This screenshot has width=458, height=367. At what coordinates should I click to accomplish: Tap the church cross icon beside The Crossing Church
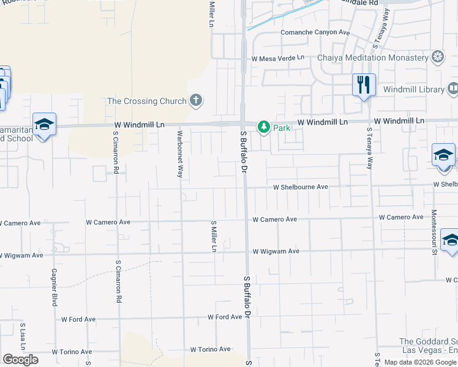tap(196, 100)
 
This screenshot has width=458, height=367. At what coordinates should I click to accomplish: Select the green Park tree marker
tap(264, 127)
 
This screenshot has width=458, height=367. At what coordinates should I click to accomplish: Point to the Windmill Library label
tap(414, 89)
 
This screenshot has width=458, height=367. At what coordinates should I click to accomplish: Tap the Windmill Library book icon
tap(452, 89)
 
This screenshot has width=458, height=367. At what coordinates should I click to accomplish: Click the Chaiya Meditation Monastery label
tap(373, 57)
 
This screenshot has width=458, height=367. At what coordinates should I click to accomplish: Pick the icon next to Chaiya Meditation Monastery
tap(438, 57)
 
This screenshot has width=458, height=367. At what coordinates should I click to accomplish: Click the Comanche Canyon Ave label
tap(315, 32)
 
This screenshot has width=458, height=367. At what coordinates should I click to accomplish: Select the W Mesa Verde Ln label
tap(277, 57)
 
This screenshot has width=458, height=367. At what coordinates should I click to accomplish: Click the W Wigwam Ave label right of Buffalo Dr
tap(276, 251)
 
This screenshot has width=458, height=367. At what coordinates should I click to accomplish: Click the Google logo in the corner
tap(20, 360)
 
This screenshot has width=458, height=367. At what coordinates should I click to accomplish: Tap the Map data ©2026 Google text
tap(419, 362)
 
